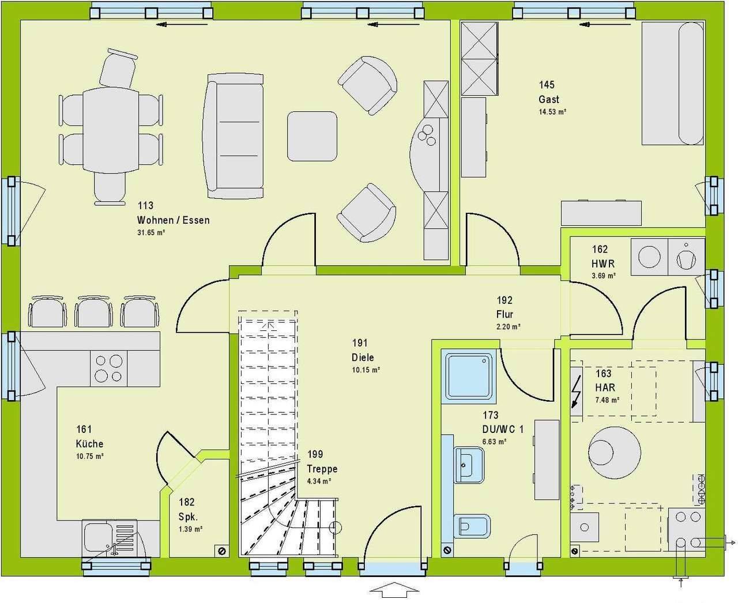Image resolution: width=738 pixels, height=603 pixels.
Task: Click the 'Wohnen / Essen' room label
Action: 173,220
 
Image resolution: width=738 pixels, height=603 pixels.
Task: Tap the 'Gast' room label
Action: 549,99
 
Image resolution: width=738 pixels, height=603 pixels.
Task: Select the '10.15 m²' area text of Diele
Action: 366,370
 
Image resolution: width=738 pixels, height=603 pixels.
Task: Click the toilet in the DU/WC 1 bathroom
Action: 472,526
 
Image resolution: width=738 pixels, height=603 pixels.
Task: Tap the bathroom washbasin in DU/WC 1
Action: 469,465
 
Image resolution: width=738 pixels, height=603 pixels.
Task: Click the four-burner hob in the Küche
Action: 108,368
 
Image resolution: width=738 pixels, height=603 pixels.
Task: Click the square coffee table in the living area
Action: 312,136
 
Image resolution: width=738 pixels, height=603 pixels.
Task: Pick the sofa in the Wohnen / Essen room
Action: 234,136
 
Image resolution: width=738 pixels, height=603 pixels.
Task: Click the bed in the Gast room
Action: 672,83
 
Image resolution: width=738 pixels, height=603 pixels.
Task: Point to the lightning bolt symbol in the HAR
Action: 575,391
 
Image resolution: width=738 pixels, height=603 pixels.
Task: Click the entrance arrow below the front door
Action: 394,590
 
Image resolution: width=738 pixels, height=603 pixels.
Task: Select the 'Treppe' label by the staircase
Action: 322,469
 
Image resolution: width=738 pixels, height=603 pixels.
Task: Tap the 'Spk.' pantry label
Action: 189,517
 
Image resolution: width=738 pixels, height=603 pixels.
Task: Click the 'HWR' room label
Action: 603,263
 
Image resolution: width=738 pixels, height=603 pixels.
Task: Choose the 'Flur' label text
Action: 504,314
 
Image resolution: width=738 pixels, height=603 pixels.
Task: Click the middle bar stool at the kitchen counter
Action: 93,311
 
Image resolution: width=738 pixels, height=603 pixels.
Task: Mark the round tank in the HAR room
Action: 615,453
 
